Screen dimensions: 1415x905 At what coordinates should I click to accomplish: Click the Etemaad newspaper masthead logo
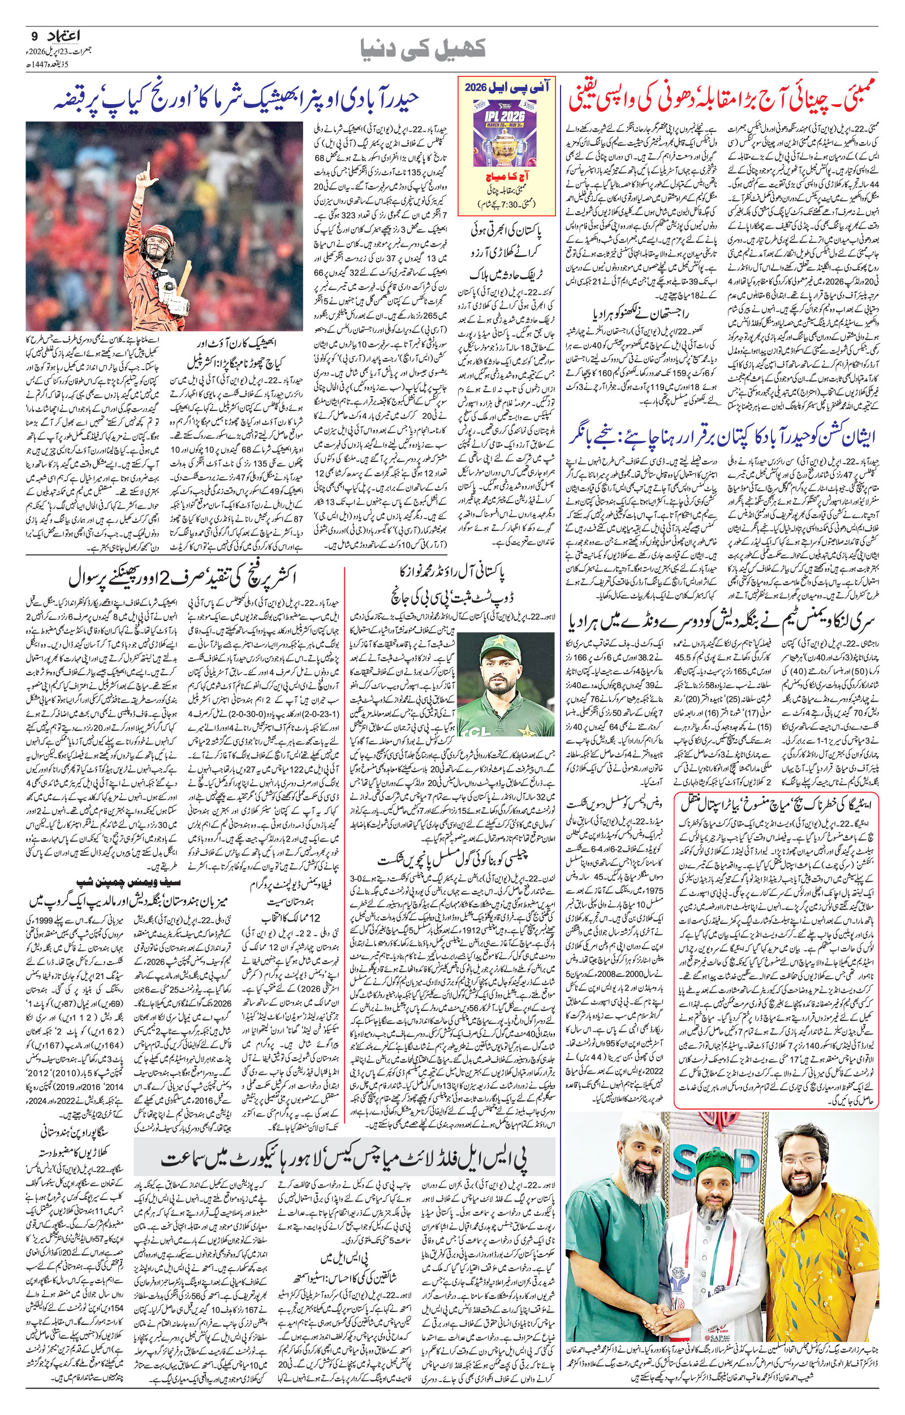62,37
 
